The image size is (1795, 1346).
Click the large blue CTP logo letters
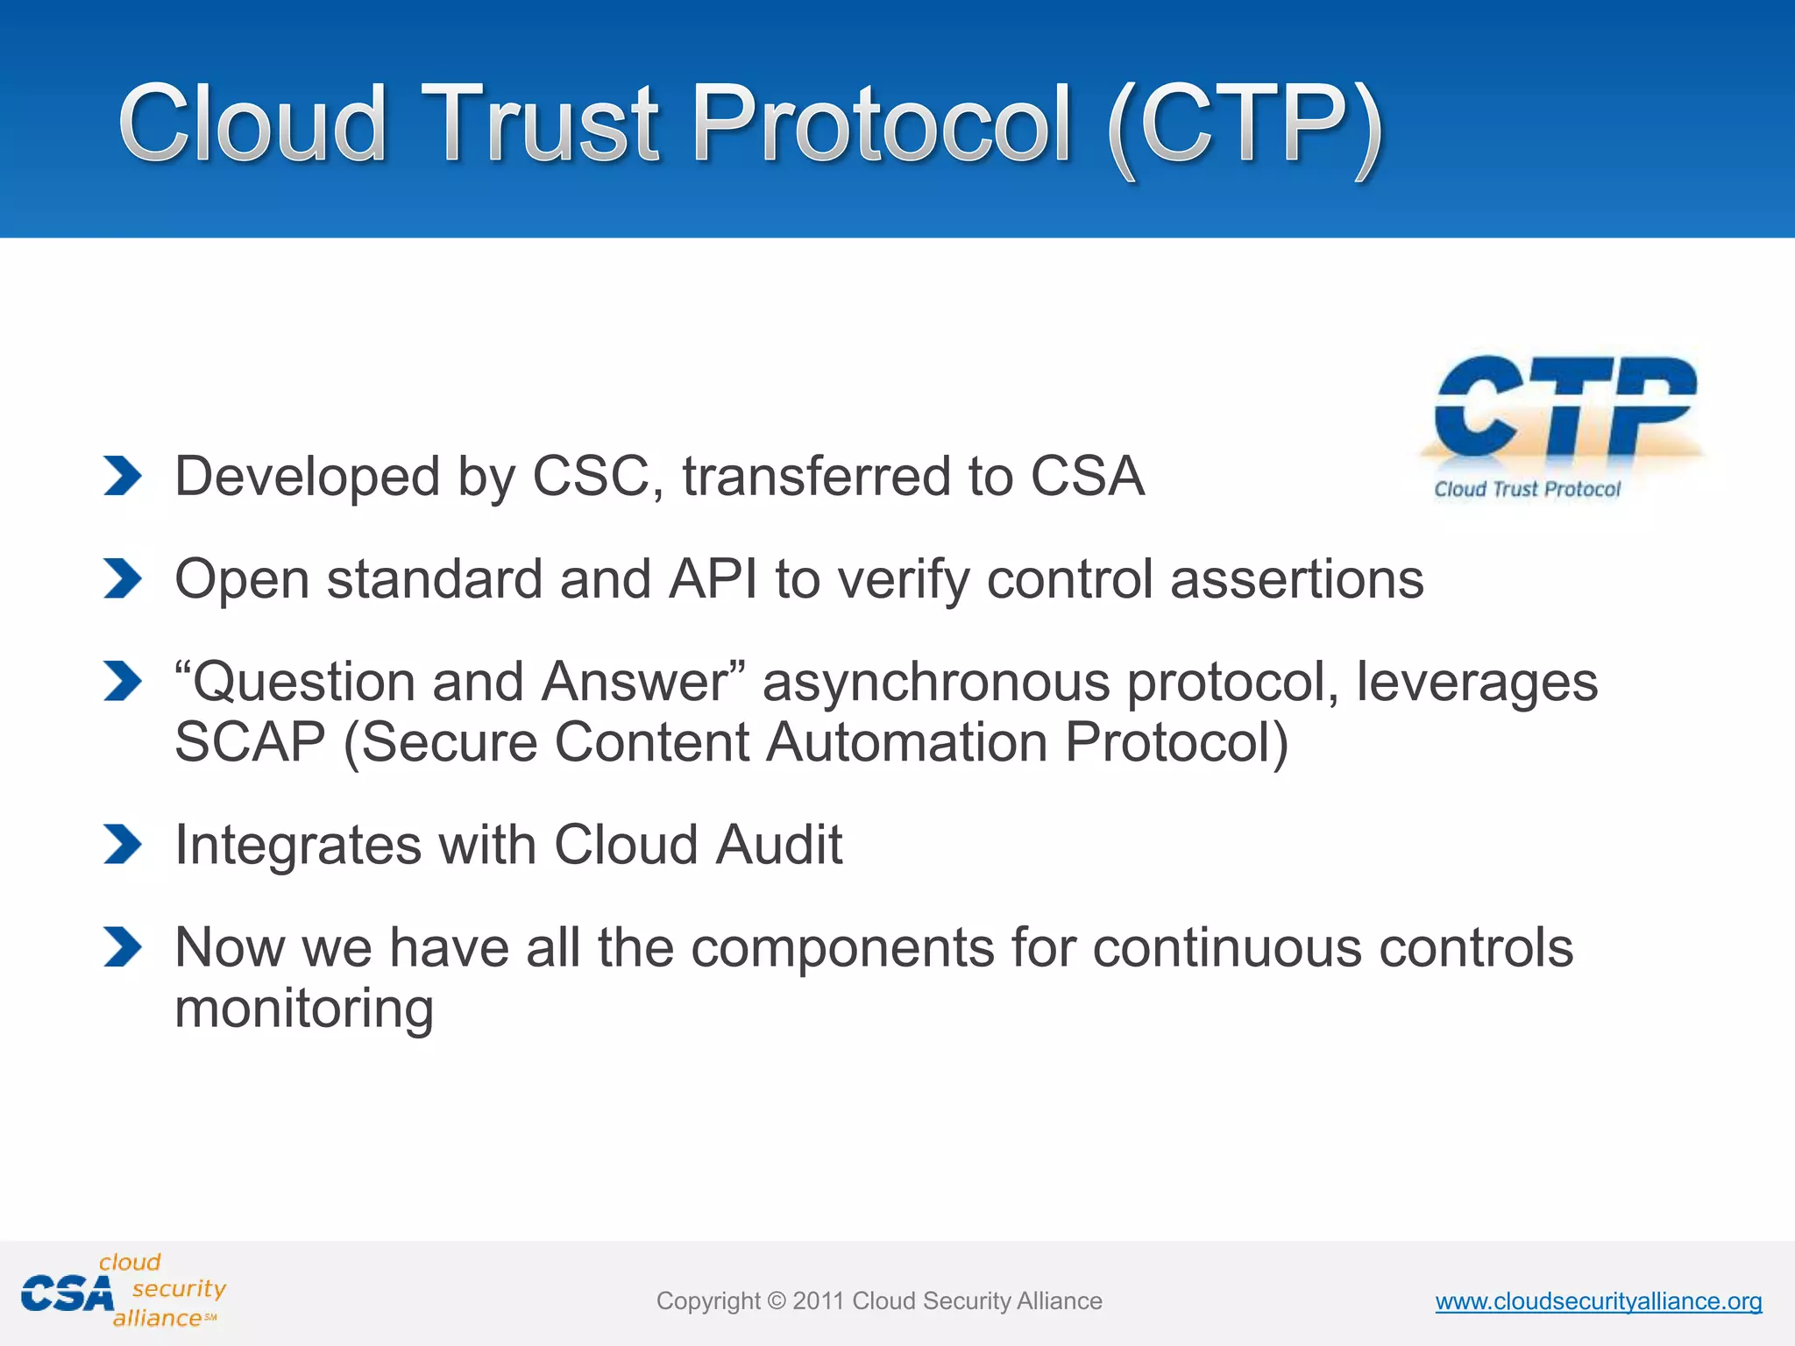tap(1565, 407)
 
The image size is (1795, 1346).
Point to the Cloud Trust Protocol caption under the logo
tap(1527, 489)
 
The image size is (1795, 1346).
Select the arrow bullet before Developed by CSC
tap(122, 476)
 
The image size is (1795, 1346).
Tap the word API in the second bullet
tap(713, 579)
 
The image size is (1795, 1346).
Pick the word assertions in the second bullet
tap(1296, 579)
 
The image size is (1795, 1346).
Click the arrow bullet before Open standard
tap(122, 578)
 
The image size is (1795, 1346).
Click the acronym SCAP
tap(250, 742)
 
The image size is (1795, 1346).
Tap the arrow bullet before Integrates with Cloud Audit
tap(122, 844)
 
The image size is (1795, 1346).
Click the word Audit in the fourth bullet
tap(778, 845)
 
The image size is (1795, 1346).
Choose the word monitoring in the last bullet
tap(304, 1008)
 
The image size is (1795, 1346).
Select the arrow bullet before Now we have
tap(122, 946)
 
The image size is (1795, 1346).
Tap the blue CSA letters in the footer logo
tap(67, 1294)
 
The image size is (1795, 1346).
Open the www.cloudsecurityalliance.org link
tap(1598, 1301)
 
